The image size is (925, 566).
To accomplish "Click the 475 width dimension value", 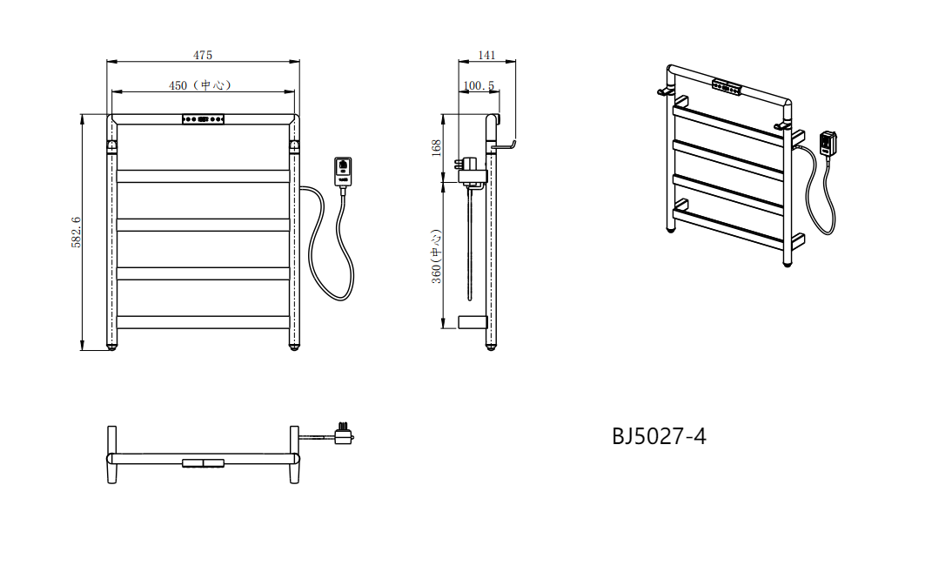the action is (203, 55).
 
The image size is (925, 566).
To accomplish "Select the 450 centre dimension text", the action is (199, 85).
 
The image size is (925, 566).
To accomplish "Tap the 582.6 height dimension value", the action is (76, 232).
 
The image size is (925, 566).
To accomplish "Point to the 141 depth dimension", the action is (486, 55).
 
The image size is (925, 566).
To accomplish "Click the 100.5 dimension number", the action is (479, 85).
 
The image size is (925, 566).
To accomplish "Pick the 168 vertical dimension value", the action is (437, 147).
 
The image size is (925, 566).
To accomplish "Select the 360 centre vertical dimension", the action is (436, 257).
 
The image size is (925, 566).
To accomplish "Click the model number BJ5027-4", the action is (659, 436).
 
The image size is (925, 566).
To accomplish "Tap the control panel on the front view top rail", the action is (203, 119).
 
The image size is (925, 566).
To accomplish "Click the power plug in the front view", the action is (343, 172).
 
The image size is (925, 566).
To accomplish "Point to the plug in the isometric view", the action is (828, 144).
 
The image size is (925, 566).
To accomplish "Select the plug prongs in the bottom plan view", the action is (343, 426).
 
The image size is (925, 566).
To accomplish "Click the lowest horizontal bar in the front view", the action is (203, 322).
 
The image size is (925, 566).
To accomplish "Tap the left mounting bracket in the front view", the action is (111, 145).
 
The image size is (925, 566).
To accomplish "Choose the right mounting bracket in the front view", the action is (294, 145).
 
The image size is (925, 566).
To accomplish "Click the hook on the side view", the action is (505, 145).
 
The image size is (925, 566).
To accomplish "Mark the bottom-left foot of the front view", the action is (111, 348).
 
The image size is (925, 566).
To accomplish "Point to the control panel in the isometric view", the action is (727, 87).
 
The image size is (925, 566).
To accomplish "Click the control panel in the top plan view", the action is (203, 462).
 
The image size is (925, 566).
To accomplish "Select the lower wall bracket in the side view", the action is (473, 322).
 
